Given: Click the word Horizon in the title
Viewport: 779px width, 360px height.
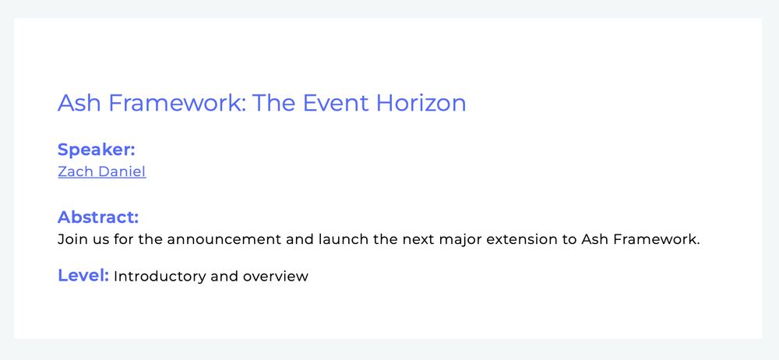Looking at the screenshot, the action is click(421, 103).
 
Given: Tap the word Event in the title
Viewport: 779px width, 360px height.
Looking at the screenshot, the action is click(336, 103).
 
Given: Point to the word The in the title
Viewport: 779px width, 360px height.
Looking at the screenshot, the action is click(274, 103).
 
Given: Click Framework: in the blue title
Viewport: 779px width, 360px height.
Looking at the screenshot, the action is click(177, 103).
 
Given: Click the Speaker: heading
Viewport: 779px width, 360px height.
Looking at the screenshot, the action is click(97, 149).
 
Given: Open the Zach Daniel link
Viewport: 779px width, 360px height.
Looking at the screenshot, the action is click(102, 171).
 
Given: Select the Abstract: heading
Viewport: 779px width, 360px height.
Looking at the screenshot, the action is click(98, 217).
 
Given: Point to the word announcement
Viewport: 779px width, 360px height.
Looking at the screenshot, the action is click(224, 240).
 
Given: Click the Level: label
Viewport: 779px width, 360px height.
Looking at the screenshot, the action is click(83, 276).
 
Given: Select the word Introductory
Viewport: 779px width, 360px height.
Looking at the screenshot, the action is click(160, 277).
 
